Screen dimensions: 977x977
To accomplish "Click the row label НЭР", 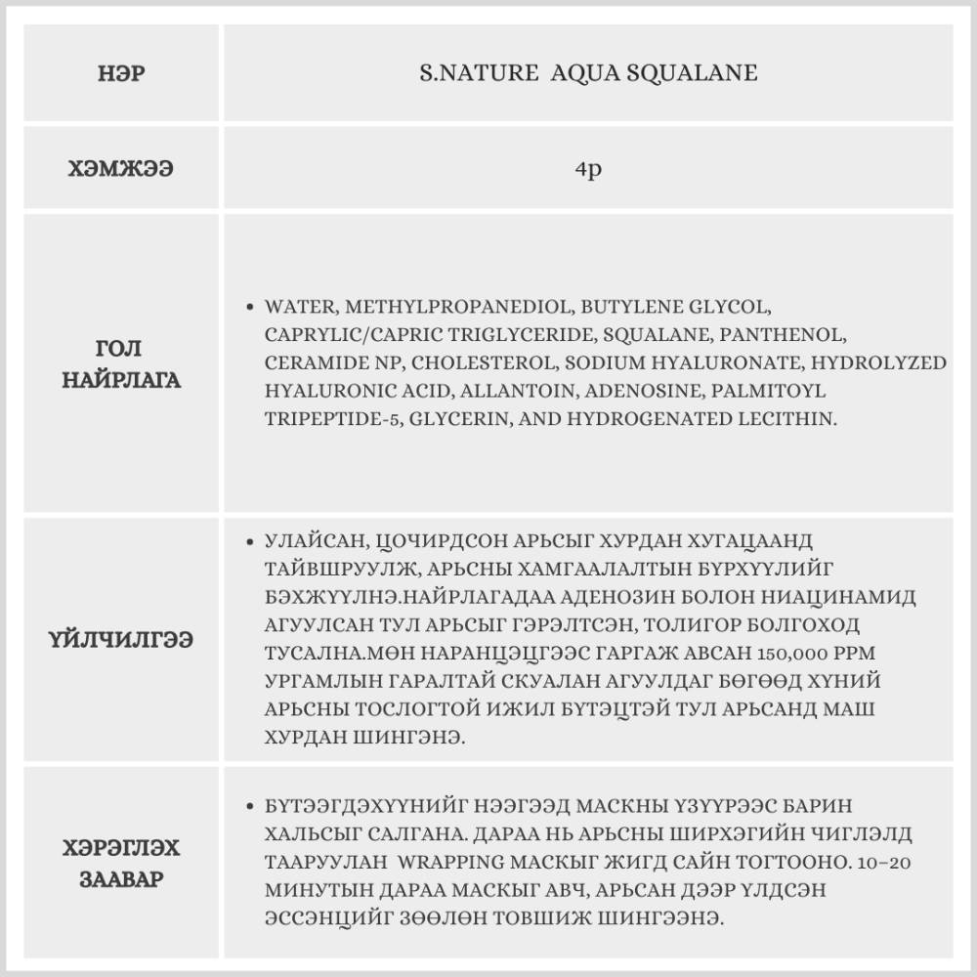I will point(121,74).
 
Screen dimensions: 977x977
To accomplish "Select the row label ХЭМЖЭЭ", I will point(121,168).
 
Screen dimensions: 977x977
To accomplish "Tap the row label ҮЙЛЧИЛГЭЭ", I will point(121,641).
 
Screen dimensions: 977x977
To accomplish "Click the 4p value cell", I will point(588,168).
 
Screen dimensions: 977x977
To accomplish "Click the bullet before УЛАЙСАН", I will point(252,540).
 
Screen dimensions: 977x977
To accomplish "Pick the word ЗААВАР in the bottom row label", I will point(121,878).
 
